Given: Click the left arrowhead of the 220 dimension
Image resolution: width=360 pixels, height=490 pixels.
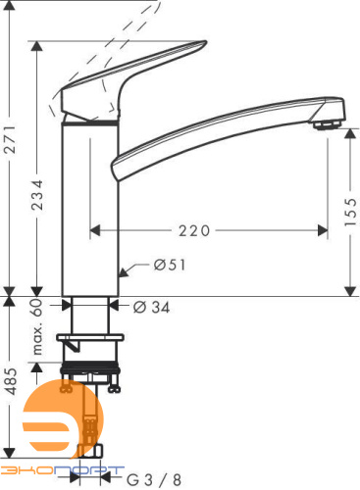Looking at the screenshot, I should (96, 231).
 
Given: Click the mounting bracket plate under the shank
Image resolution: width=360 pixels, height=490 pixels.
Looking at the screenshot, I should (91, 342).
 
